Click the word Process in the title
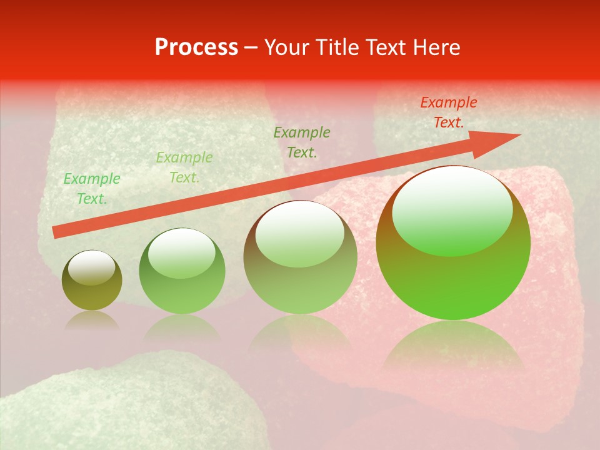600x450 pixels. pos(196,47)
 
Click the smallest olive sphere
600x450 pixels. pos(92,281)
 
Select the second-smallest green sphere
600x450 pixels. pos(182,271)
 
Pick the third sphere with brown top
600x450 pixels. pos(300,257)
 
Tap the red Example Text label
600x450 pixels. pos(448,112)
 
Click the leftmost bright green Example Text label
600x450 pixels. pos(92,189)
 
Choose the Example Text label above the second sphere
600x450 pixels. pos(184,167)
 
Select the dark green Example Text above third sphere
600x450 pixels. pos(302,142)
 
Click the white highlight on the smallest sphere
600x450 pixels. pos(92,267)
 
